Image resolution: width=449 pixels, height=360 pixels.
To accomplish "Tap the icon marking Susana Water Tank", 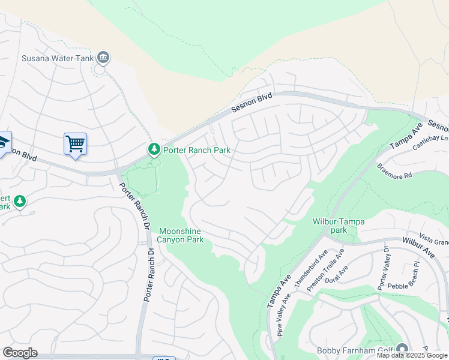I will [x=103, y=58].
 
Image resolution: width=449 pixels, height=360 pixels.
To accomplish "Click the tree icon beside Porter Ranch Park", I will [x=154, y=148].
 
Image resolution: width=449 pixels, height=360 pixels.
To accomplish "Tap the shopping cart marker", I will [x=75, y=144].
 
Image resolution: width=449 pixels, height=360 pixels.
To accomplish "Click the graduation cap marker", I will [x=3, y=143].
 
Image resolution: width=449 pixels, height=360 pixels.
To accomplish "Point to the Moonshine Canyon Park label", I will [x=181, y=235].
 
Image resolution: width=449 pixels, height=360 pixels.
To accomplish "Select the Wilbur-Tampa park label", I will [x=339, y=226].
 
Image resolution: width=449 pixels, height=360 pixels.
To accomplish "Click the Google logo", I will [x=20, y=353].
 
